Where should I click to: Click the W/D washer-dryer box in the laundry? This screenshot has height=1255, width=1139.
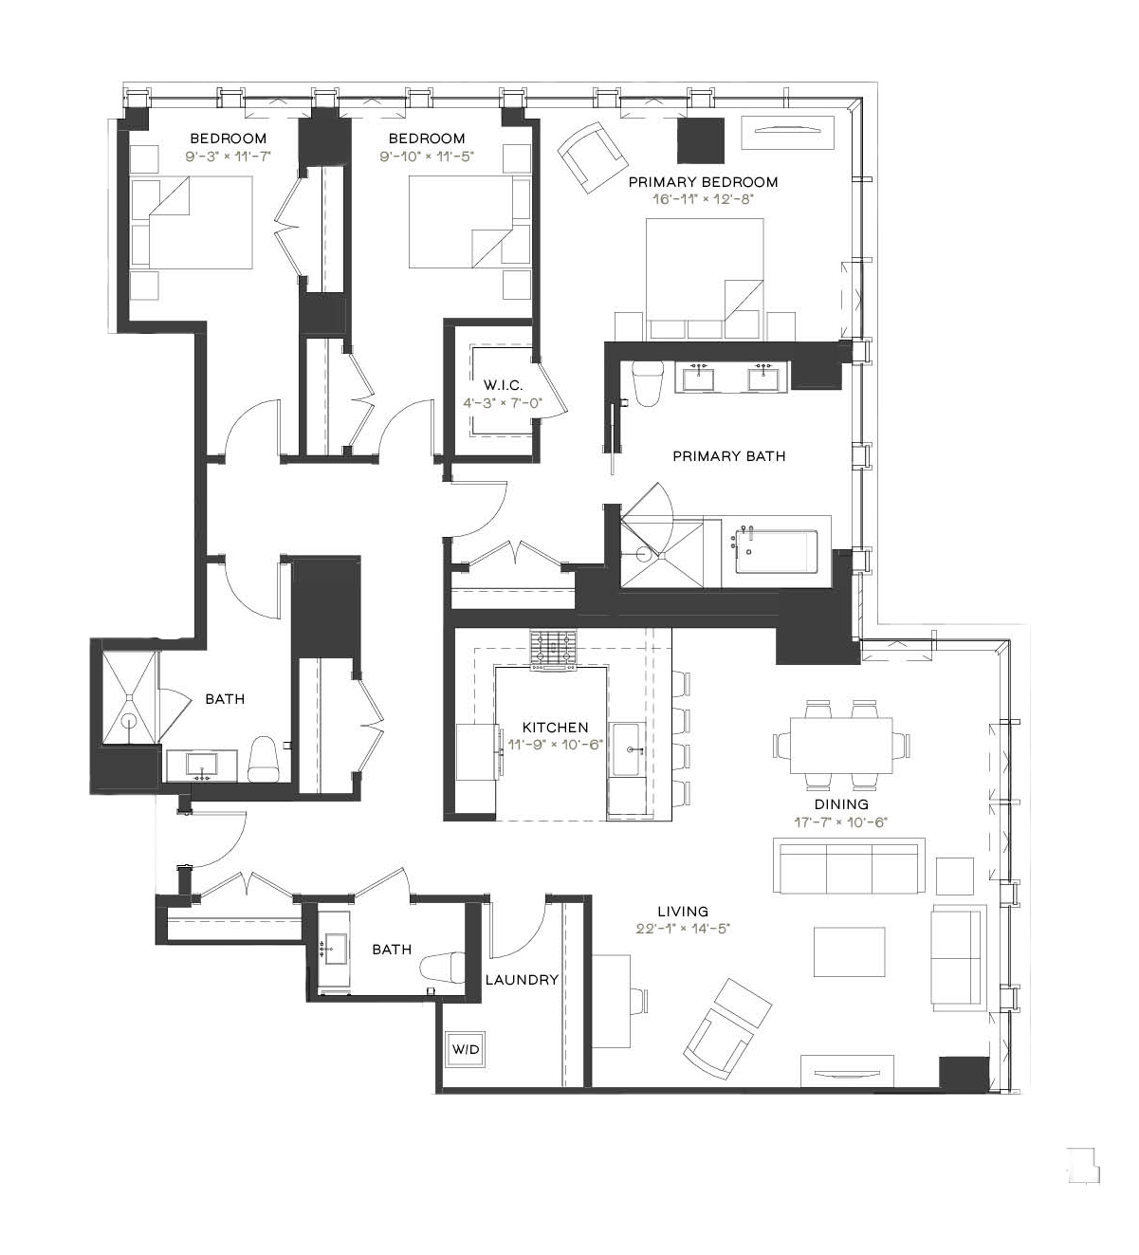(465, 1048)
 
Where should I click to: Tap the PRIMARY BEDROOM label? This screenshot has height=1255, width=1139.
(703, 182)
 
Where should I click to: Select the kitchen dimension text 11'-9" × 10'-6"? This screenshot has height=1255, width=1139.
(556, 744)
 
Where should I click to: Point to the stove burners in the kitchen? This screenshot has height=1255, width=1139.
(553, 647)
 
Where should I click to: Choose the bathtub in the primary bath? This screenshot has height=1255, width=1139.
(776, 550)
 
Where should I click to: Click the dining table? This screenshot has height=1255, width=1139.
(840, 745)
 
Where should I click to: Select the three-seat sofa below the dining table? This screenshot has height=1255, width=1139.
(849, 865)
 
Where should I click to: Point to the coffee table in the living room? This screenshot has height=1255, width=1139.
(849, 951)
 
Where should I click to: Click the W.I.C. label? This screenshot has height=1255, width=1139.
(503, 385)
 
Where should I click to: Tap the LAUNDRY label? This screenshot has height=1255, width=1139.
(522, 980)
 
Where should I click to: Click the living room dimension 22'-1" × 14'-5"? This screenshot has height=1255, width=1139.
(683, 929)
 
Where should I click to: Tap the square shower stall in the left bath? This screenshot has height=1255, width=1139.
(129, 697)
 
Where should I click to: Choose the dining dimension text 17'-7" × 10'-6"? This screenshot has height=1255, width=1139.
(840, 822)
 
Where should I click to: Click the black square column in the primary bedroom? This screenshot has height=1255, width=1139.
(701, 140)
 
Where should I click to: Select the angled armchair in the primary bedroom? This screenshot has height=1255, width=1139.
(593, 157)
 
